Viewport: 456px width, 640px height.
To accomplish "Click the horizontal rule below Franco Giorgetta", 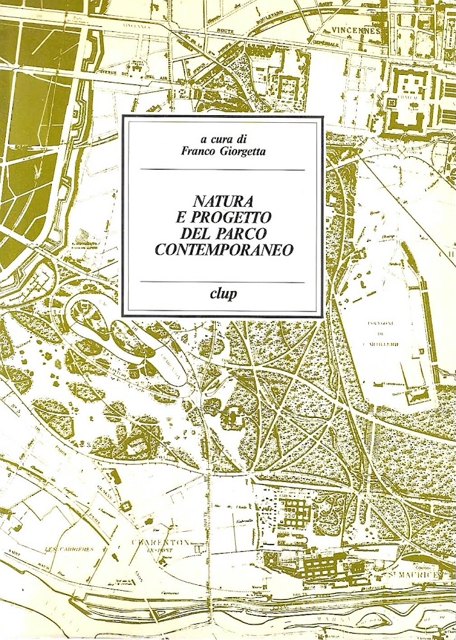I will [x=222, y=170].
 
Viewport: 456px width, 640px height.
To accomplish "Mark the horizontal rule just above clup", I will [x=222, y=282].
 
